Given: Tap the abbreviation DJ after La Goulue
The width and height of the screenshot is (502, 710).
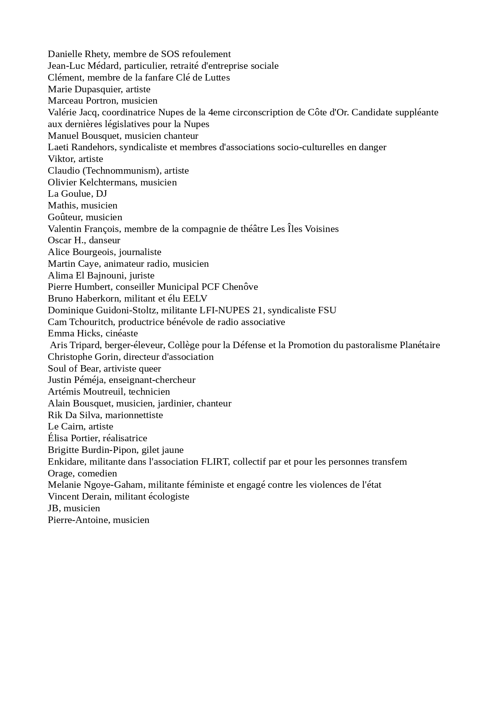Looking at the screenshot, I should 101,194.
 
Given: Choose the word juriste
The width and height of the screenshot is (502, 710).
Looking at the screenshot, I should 142,276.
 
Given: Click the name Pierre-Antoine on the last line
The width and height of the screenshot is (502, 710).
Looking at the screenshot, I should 78,520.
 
